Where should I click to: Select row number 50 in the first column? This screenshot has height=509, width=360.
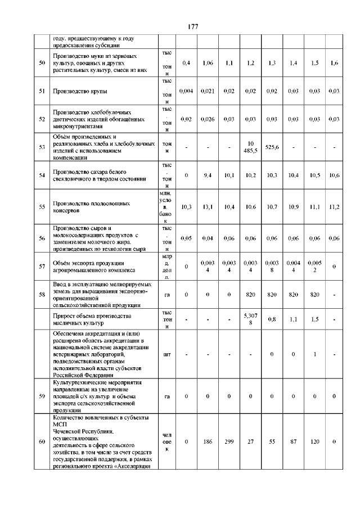[x=42, y=63]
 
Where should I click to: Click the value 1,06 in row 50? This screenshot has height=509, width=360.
[x=207, y=63]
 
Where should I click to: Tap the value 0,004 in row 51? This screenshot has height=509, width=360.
[x=186, y=91]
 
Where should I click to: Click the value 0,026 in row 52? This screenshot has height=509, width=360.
[x=207, y=119]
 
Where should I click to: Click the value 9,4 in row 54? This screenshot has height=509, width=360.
[x=207, y=175]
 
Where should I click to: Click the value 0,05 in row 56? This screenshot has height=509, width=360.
[x=186, y=238]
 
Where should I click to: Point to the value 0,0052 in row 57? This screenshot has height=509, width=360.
[x=314, y=266]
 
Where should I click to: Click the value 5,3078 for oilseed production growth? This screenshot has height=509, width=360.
[x=250, y=318]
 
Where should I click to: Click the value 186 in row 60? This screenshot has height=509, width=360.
[x=207, y=442]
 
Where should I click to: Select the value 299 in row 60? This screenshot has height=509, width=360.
[x=229, y=442]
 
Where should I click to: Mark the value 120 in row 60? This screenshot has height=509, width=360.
[x=314, y=442]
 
